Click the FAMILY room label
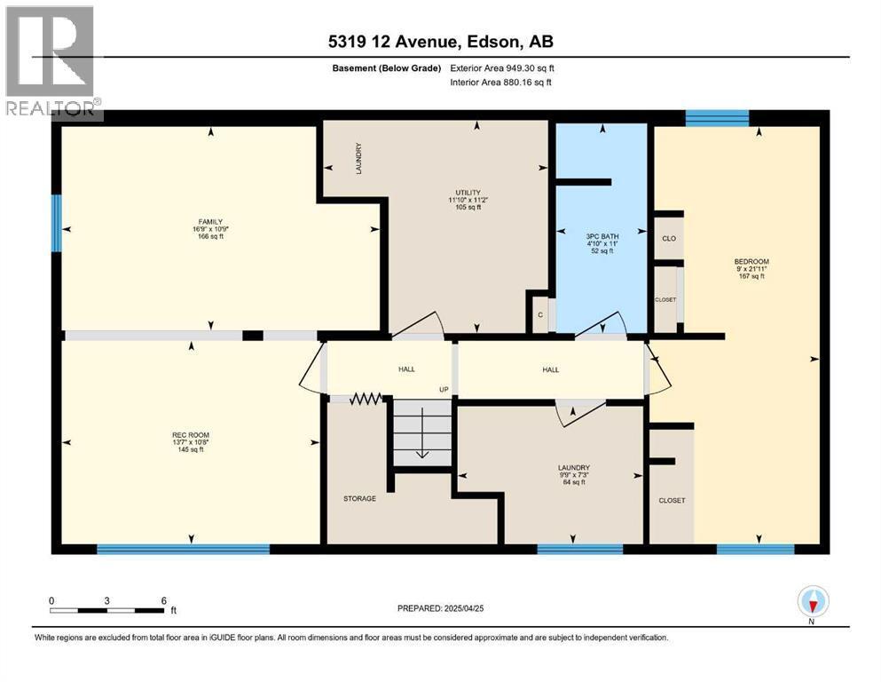[x=210, y=221]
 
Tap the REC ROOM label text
[x=191, y=434]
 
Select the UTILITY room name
[x=468, y=193]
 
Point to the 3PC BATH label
[x=602, y=237]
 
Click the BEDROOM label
[x=751, y=261]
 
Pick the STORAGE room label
[x=359, y=499]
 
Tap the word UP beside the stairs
[x=444, y=390]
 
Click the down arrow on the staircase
[x=422, y=433]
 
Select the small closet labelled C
[x=540, y=315]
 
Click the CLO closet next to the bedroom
[x=669, y=238]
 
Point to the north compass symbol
[x=813, y=603]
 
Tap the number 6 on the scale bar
[x=164, y=600]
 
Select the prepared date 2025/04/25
[x=463, y=608]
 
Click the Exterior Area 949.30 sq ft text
[x=502, y=68]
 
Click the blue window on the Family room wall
[x=56, y=223]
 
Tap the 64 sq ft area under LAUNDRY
[x=574, y=482]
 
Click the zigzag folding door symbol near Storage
[x=366, y=399]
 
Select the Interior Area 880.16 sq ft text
[x=500, y=82]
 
